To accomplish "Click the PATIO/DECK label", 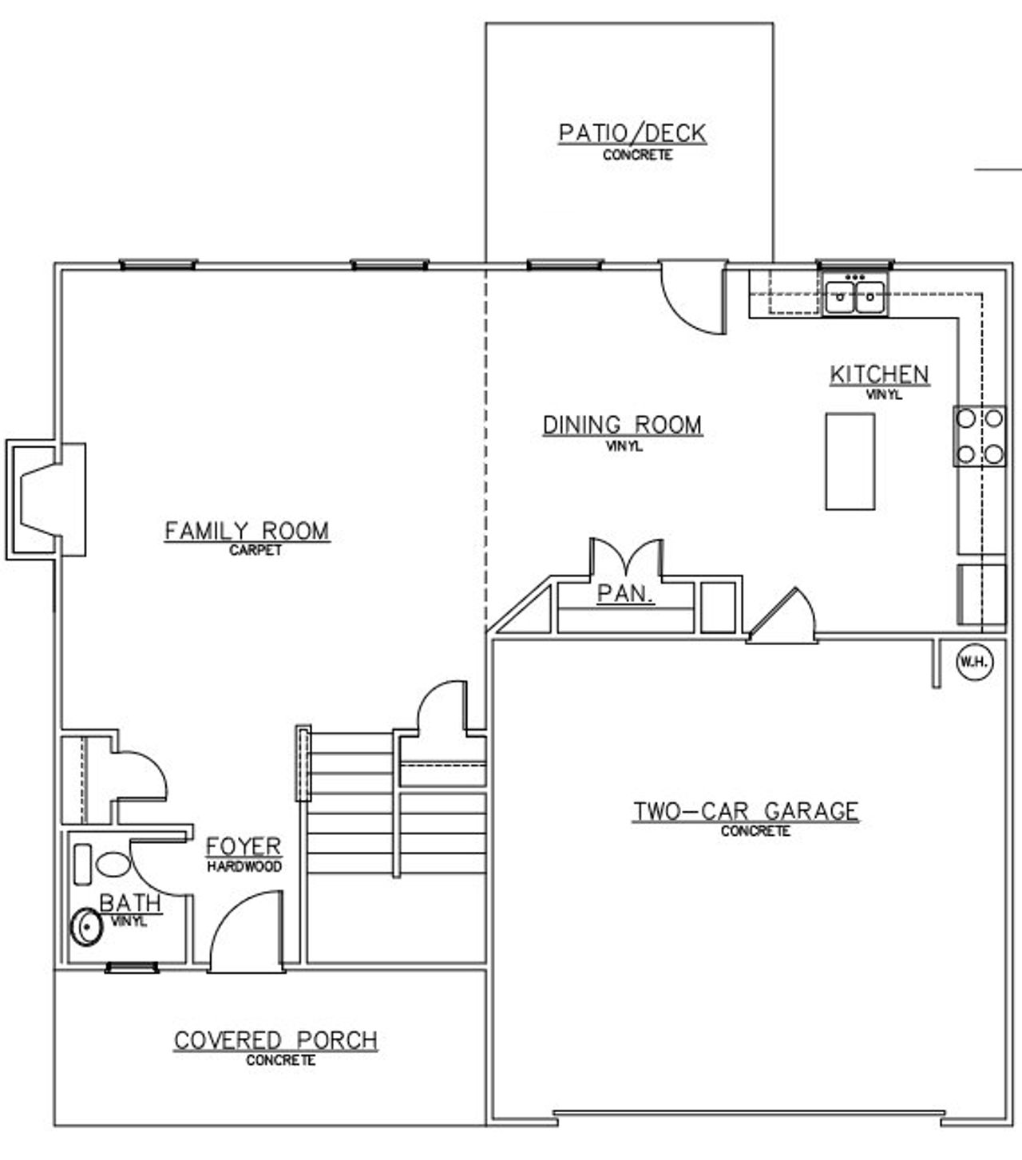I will point(632,133).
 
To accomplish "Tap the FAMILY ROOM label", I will point(247,531).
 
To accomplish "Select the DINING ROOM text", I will point(622,425).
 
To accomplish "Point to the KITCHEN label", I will point(879,374).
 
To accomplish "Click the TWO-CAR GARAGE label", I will point(746,811).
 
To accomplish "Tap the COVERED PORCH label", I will point(275,1040).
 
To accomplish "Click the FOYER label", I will point(244,846).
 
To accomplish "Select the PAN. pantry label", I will point(626,594).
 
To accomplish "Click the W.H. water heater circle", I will point(975,662).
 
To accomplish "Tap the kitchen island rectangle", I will point(850,461).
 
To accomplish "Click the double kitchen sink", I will point(855,296).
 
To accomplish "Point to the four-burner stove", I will point(980,436).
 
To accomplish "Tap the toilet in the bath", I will point(111,865).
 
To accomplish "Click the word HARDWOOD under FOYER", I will point(244,866).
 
